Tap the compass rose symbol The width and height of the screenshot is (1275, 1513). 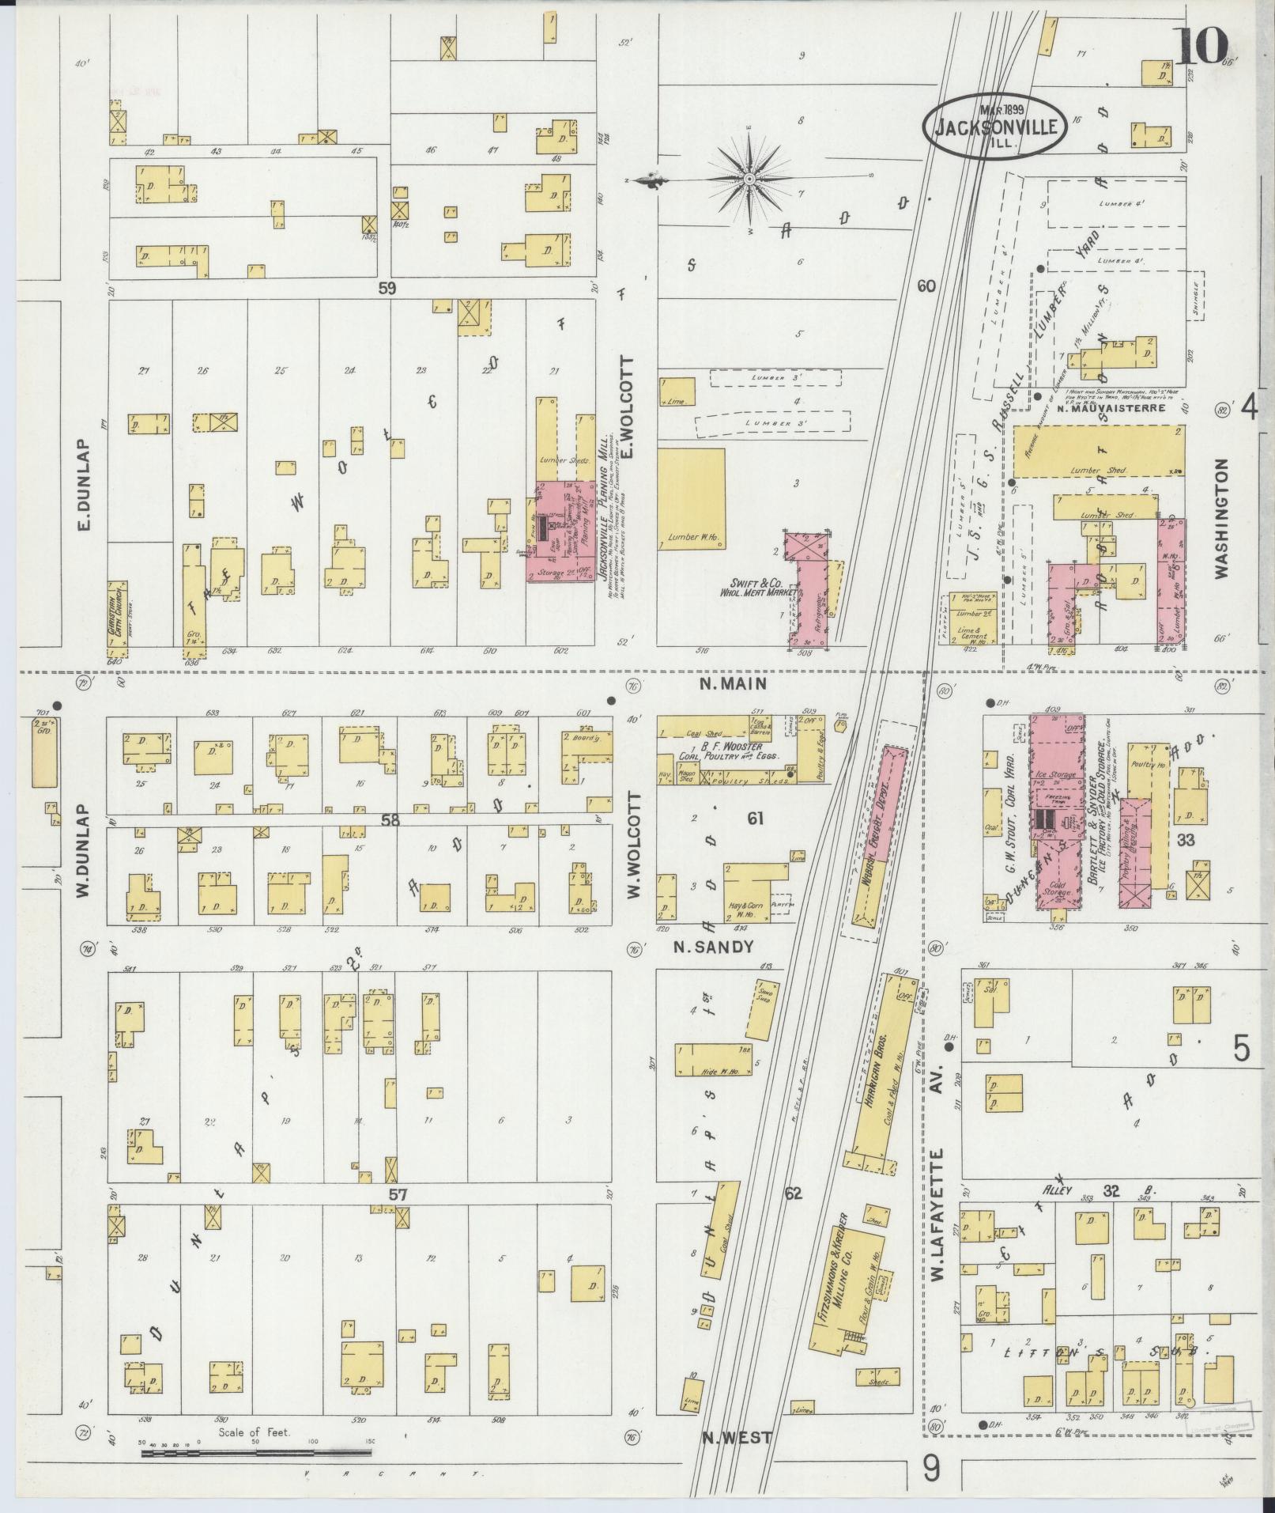tap(748, 180)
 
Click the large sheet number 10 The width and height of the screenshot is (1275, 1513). tap(1199, 47)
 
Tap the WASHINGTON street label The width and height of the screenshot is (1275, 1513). tap(1224, 519)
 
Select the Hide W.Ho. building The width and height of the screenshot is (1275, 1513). tap(714, 1059)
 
